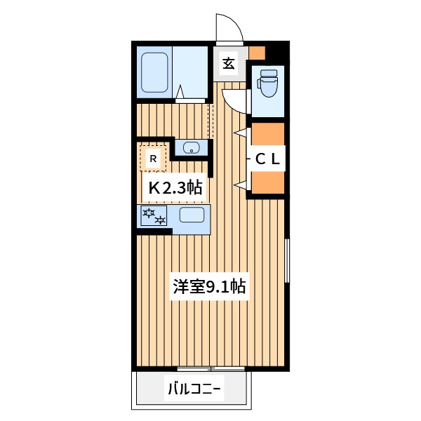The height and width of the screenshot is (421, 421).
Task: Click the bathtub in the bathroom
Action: point(154,72)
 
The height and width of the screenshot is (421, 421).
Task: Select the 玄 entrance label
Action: point(229,64)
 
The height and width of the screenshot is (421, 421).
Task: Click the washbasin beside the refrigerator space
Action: point(191,147)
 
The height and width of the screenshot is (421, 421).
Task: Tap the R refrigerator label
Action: point(153,159)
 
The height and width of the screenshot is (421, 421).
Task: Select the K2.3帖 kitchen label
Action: point(175,187)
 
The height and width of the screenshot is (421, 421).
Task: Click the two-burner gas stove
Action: point(154,216)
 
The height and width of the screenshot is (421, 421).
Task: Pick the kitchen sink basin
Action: point(192,215)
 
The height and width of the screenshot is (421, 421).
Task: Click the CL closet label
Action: point(267,159)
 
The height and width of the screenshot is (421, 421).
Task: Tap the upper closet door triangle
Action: point(241,133)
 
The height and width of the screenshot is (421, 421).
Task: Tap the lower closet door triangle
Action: point(241,185)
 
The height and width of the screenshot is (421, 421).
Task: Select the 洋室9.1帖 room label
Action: point(209,286)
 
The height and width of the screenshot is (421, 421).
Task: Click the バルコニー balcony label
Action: point(194,389)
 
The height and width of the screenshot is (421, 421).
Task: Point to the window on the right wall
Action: point(287,260)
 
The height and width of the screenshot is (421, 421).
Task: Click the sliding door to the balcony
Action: point(211,369)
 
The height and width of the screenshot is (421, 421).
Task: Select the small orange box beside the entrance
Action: point(257,53)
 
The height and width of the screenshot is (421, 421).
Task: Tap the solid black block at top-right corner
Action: point(278,53)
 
